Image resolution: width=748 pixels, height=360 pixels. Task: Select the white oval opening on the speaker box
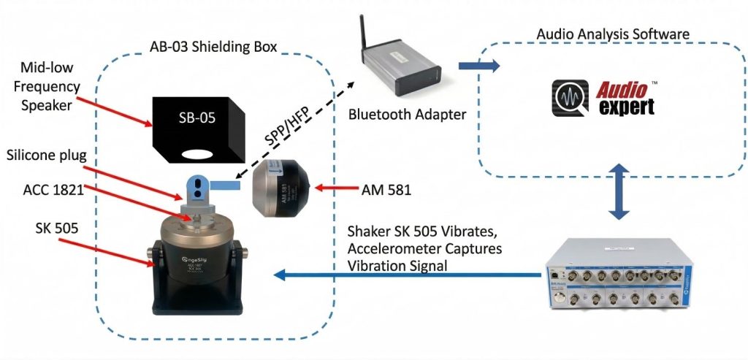[196, 154]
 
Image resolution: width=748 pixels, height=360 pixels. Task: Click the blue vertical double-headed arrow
[619, 191]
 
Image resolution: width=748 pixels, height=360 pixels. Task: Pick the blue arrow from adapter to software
[479, 66]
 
